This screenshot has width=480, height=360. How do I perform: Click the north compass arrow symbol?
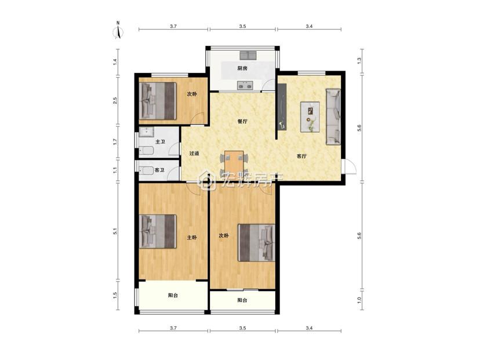coord(118,31)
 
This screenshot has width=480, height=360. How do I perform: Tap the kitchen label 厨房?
coord(242,68)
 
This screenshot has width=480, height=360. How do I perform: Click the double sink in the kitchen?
coord(248,56)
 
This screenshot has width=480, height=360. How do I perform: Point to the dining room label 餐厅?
coord(242,122)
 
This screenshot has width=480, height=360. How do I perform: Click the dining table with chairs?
coord(234,164)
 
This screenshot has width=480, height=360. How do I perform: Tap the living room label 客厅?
coord(301,156)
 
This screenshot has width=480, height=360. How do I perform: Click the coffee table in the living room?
coord(310,117)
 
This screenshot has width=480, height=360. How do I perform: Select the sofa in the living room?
coord(333,117)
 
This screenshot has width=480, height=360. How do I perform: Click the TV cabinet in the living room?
coord(282,107)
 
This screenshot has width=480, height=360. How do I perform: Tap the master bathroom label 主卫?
coord(160,141)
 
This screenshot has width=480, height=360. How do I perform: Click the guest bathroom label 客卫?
coord(159,170)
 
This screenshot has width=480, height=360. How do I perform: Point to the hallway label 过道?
coord(194,154)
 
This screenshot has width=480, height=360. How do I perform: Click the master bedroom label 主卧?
coord(192,237)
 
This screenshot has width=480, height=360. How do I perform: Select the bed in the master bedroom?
coord(158,231)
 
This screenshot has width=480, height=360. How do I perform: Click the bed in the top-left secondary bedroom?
coord(158,101)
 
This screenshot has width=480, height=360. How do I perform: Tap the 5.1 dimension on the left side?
coord(115,231)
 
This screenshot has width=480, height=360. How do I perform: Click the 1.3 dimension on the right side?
coord(359,61)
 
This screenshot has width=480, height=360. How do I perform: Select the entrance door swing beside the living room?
coord(349,167)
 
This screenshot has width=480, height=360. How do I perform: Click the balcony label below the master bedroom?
coord(173,296)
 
